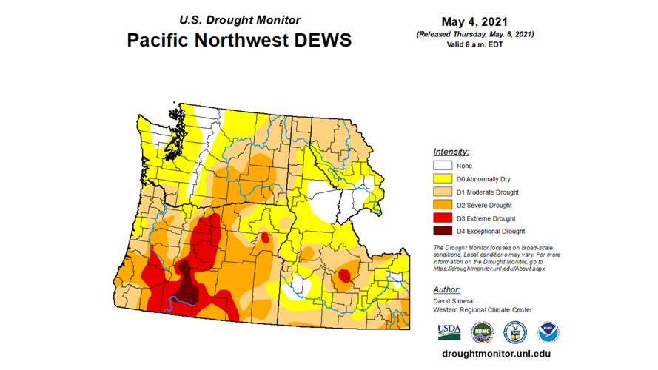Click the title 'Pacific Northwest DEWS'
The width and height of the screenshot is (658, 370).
point(238,39)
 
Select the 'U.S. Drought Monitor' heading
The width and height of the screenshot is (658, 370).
point(238,19)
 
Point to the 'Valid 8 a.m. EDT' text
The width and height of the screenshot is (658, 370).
point(474,44)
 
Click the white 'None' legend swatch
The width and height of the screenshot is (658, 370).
point(443,166)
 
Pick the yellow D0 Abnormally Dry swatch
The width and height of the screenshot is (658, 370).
point(443,179)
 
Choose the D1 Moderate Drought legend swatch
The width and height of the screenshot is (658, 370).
point(443,192)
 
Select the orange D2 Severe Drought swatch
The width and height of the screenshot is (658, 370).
point(443,205)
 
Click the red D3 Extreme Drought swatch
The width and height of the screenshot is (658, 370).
point(443,218)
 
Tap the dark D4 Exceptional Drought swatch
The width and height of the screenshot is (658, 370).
point(443,231)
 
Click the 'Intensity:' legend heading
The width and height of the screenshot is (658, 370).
point(451,152)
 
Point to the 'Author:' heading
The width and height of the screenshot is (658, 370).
point(446,289)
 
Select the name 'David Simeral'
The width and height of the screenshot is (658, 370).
point(454,301)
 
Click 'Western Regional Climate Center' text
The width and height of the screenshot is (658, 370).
point(482,310)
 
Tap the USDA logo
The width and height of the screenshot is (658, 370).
point(448,332)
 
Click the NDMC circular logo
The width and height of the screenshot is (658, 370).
point(481,332)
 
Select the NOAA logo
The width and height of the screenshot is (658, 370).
point(548,332)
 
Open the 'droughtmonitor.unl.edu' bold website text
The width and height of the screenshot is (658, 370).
point(496,353)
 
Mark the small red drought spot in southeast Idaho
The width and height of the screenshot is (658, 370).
point(343,277)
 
